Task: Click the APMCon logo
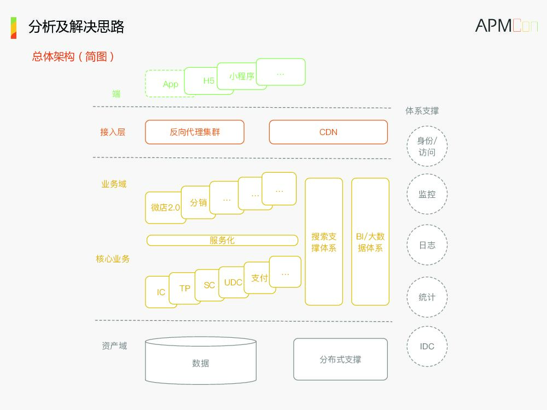coord(506,26)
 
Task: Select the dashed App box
coord(166,84)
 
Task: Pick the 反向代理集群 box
coord(195,132)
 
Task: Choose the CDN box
coord(328,132)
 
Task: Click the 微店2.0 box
coord(164,208)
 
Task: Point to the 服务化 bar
coord(222,241)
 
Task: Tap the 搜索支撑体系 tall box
coord(324,242)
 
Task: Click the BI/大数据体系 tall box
coord(370,242)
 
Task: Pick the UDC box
coord(232,283)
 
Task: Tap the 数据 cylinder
coord(201,363)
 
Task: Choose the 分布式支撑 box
coord(340,360)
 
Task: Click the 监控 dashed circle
coord(427,194)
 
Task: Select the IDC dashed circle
coord(427,346)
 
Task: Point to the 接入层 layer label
coord(113,132)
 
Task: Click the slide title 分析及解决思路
coord(77,26)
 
